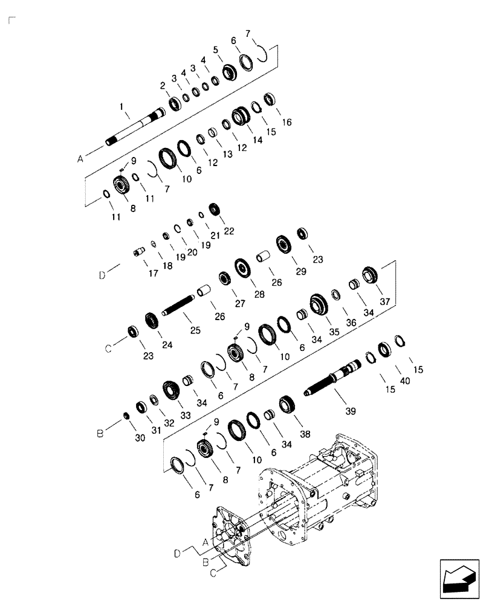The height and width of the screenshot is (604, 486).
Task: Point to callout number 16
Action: click(287, 122)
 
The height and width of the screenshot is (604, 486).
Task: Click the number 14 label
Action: click(258, 140)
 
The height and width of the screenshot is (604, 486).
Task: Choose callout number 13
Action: click(227, 154)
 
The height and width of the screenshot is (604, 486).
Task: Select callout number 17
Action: click(153, 273)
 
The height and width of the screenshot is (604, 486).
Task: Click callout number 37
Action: click(385, 301)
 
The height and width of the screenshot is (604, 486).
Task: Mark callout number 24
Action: click(167, 345)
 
